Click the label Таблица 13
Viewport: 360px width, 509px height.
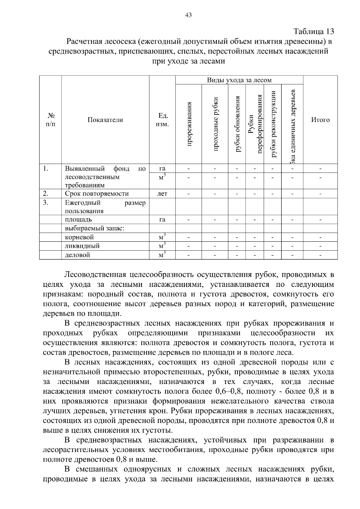point(313,31)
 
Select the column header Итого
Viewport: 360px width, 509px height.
point(320,120)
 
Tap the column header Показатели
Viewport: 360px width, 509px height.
point(105,120)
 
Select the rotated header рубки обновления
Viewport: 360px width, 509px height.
point(237,124)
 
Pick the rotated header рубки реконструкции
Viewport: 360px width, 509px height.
point(273,124)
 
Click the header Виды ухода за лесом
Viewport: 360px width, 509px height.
point(239,80)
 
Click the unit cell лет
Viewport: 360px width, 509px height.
point(162,194)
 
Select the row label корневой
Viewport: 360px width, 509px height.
point(79,237)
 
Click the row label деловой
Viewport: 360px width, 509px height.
point(78,255)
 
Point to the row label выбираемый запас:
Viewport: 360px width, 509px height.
point(95,228)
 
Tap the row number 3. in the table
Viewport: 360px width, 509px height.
point(45,203)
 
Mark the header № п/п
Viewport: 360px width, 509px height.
point(50,120)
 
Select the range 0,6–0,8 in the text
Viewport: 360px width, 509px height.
point(230,391)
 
